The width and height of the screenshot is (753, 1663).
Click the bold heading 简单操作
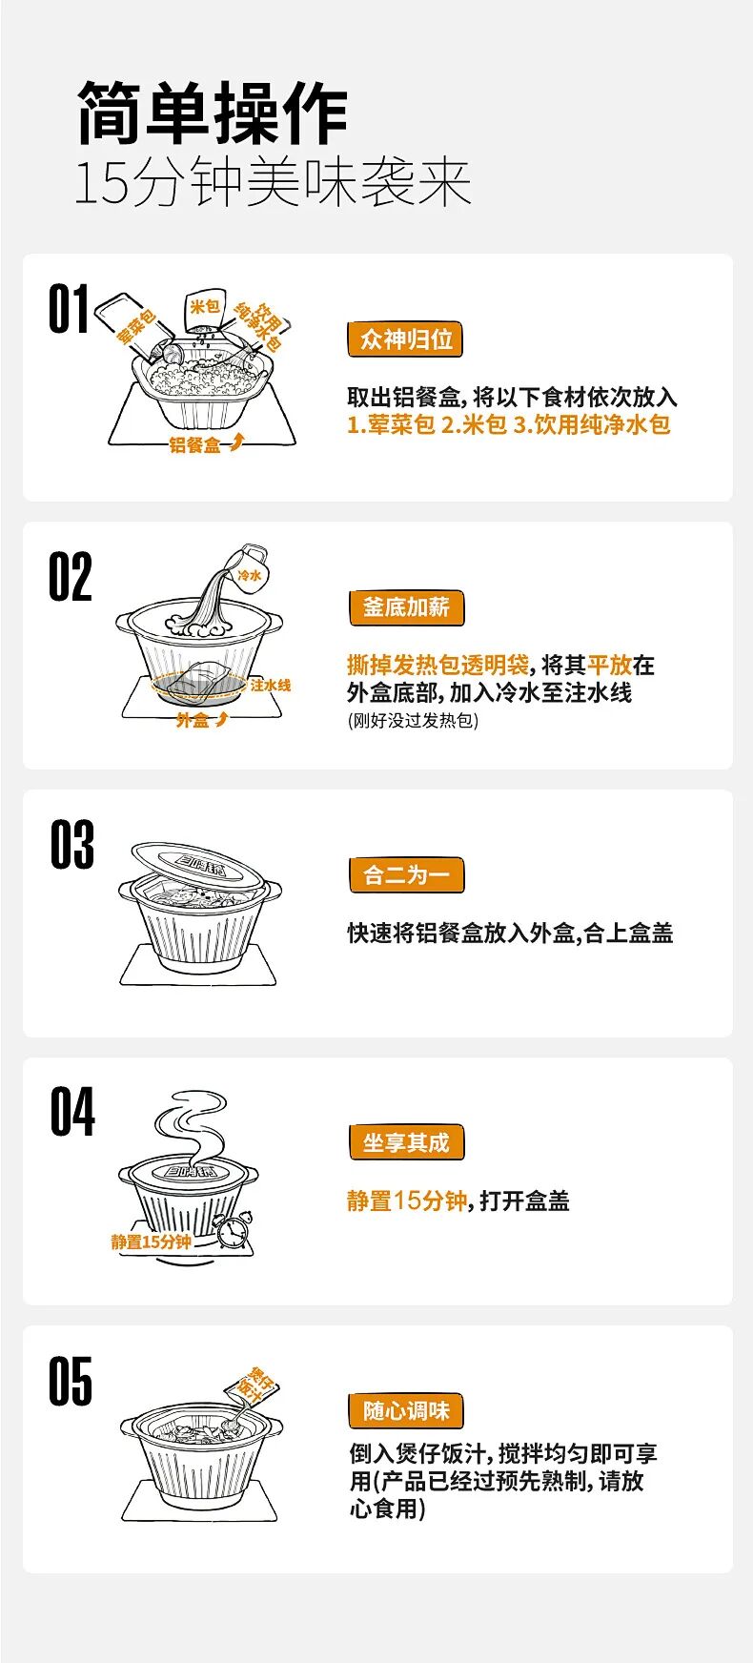pos(213,113)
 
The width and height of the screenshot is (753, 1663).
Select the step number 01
pos(69,309)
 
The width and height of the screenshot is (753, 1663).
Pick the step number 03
pos(72,845)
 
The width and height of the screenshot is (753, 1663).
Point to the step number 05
pos(71,1382)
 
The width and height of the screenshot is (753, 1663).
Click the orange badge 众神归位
pos(406,339)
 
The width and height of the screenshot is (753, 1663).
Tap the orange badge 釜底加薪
pos(406,607)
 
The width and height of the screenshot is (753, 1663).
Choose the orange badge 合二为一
pos(406,875)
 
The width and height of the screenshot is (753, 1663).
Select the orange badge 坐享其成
pos(406,1142)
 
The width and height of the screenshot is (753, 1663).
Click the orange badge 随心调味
pos(406,1411)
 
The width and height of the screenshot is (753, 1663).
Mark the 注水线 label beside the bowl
pos(271,686)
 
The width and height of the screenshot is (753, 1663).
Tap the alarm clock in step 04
pos(234,1230)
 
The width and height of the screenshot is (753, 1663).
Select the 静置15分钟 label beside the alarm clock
pos(151,1242)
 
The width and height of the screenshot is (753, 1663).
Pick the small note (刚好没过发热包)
pos(413,720)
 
